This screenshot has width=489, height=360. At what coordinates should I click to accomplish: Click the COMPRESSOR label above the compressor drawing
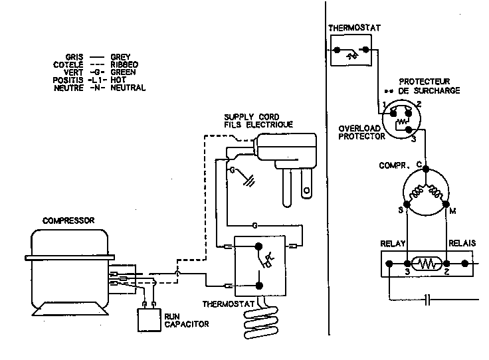coord(69,220)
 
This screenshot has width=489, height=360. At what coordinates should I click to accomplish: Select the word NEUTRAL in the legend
coord(128,88)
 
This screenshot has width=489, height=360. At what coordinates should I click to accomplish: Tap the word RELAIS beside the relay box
coord(462,244)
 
